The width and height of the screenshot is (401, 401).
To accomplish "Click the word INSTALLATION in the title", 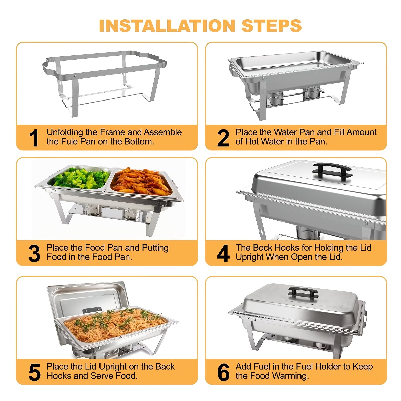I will (x=167, y=26).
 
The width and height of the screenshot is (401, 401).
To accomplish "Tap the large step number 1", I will (x=34, y=138).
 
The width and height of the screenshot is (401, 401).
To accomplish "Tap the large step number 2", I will (x=223, y=138).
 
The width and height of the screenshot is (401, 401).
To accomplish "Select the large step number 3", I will (x=34, y=254).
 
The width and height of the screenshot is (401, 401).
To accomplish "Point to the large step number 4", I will (x=223, y=254).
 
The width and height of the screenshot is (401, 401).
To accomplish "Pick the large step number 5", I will (x=34, y=372).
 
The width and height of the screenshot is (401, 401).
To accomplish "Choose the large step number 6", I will (x=223, y=372).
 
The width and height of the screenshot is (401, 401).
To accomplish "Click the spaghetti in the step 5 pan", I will (x=113, y=326).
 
